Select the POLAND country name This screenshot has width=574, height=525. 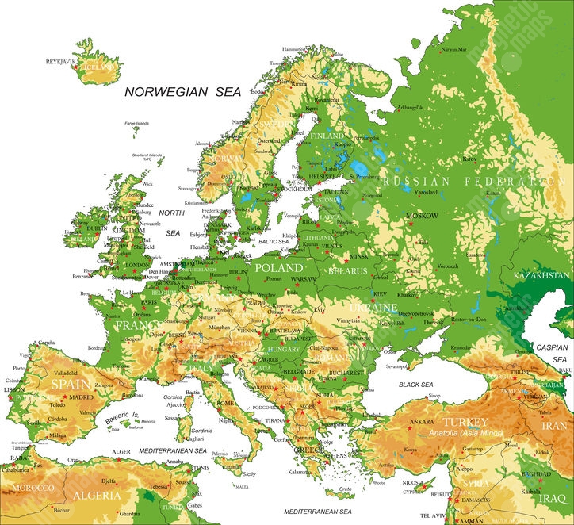(278, 268)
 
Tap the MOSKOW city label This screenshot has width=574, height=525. (421, 216)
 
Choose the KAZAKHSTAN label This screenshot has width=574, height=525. (542, 275)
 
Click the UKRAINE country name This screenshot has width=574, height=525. (373, 307)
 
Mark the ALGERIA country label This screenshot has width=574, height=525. (97, 496)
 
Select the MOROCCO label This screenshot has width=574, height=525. (33, 487)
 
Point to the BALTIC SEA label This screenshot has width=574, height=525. (273, 241)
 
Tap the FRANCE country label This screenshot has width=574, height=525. (139, 325)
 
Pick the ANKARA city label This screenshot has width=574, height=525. (420, 422)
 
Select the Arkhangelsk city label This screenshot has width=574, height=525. (411, 107)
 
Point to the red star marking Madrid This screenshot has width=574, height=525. (65, 396)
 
